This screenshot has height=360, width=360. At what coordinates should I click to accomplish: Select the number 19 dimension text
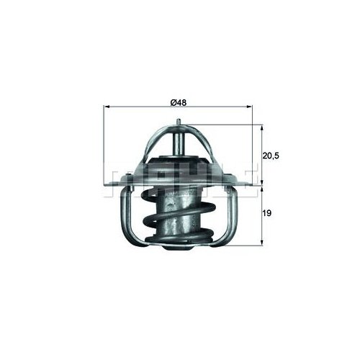coord(268,214)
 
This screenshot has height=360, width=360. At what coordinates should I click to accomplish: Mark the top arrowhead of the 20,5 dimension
coord(261,127)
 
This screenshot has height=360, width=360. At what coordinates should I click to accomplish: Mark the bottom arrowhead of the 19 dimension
coord(261,246)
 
